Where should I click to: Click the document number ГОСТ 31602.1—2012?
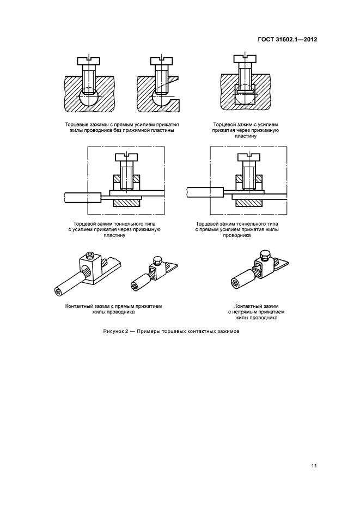286,40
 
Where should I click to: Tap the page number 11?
314,465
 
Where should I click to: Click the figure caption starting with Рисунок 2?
171,332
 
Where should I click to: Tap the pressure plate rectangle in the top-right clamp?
245,90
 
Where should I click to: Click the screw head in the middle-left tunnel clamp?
126,157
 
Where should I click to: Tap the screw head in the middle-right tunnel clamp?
248,157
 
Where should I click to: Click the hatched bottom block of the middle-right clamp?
248,202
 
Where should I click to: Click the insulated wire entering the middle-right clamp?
204,192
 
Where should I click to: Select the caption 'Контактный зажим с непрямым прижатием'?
257,312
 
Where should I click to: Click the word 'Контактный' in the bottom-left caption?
78,306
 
